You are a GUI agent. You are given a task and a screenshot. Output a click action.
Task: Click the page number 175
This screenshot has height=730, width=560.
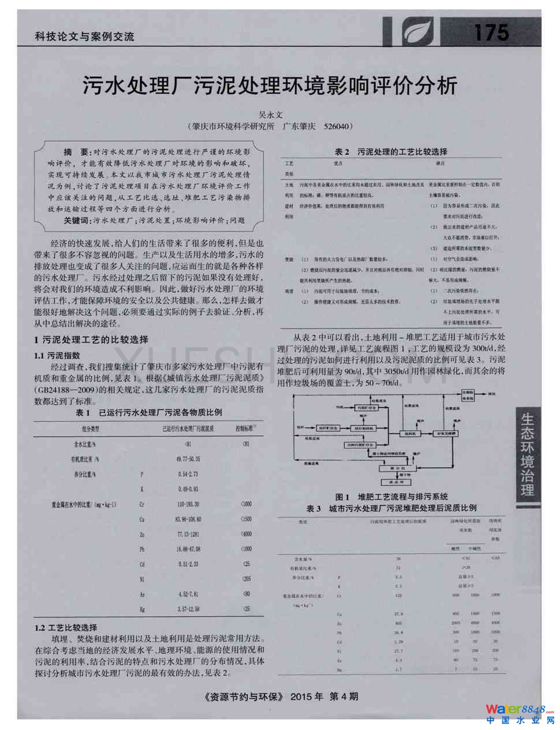tap(491, 33)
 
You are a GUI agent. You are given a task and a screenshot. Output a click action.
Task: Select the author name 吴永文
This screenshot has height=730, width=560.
tap(270, 115)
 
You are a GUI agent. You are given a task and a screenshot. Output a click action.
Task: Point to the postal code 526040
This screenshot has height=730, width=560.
tap(337, 126)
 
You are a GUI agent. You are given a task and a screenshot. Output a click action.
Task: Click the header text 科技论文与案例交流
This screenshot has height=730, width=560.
tap(84, 36)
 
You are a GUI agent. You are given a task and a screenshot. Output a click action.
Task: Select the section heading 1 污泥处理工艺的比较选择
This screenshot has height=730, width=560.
tap(91, 340)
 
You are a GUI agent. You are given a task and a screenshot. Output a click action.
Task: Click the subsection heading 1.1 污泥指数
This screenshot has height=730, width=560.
tap(57, 355)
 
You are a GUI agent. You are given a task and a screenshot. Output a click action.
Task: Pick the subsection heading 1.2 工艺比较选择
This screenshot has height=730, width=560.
tap(66, 627)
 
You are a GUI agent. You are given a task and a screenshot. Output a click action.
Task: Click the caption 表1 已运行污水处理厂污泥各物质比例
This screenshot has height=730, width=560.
tap(149, 412)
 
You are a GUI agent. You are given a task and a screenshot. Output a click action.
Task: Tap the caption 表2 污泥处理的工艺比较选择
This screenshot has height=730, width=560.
tap(391, 152)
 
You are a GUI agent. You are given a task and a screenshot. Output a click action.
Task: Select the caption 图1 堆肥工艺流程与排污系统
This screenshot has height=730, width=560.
tap(391, 496)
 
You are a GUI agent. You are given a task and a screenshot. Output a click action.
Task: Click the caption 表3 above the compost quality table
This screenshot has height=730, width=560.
tap(391, 508)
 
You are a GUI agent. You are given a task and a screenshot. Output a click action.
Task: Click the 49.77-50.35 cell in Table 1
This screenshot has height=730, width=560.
tap(188, 459)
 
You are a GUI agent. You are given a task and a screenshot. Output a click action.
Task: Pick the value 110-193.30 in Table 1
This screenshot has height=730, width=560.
tap(188, 504)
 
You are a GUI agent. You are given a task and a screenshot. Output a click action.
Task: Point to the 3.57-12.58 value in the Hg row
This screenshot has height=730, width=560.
tap(188, 609)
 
